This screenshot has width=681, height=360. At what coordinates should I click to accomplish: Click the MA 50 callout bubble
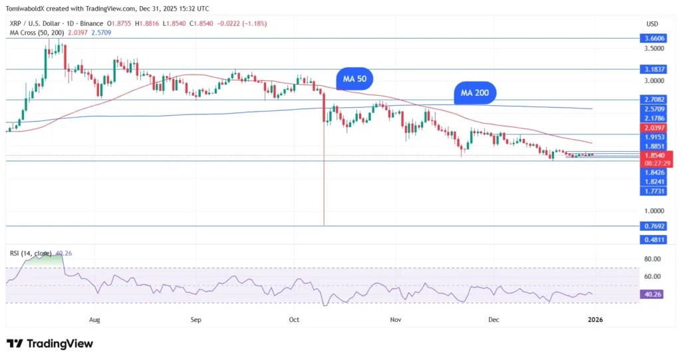[x=354, y=79]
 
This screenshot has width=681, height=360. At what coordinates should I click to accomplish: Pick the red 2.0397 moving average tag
[x=652, y=127]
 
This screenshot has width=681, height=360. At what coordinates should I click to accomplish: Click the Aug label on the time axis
[x=94, y=320]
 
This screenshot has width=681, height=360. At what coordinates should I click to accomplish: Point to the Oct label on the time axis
[x=295, y=320]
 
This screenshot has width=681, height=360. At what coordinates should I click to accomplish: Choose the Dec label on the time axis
[x=494, y=320]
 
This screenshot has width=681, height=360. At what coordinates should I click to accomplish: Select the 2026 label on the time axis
[x=595, y=320]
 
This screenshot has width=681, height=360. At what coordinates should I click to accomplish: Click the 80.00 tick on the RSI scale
[x=652, y=259]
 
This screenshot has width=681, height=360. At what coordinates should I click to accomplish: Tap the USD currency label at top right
[x=652, y=24]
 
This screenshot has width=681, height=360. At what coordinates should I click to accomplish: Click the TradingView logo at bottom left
[x=50, y=343]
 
